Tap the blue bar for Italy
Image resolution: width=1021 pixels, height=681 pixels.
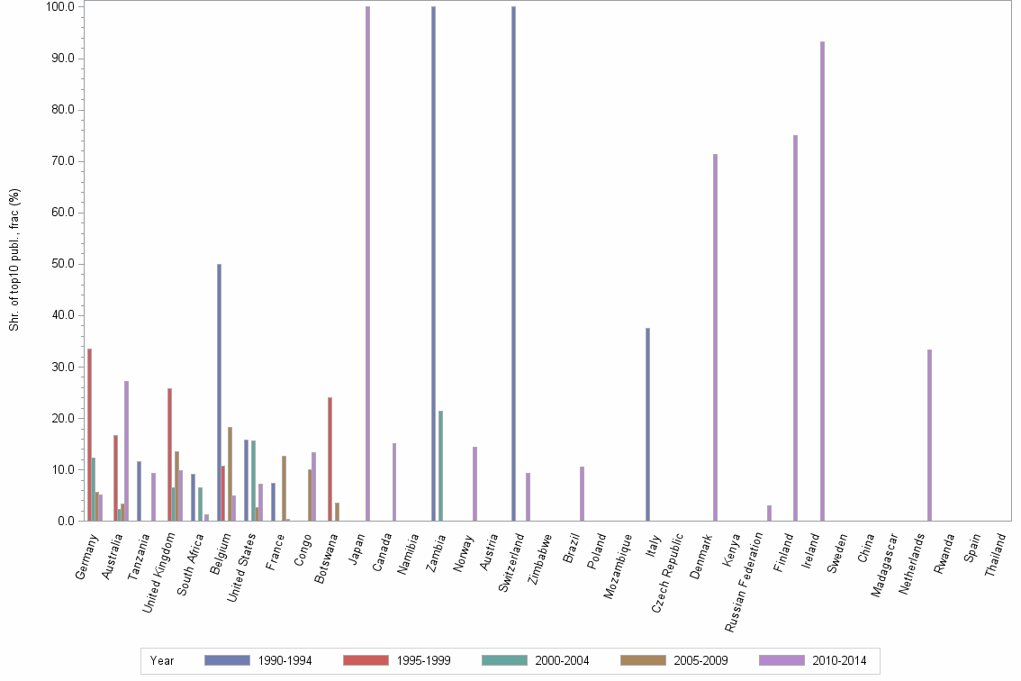647,424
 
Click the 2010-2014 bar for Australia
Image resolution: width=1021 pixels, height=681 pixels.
126,451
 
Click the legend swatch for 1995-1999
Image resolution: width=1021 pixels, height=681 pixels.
366,660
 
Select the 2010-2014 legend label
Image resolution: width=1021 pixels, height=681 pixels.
839,660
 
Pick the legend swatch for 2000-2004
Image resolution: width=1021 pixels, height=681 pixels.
504,660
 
